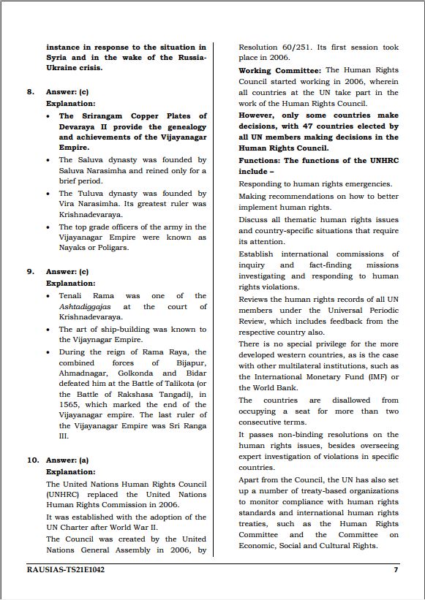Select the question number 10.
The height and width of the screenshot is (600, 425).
coord(33,460)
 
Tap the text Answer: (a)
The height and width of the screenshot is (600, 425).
coord(67,460)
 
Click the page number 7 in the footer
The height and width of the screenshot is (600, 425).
coord(396,569)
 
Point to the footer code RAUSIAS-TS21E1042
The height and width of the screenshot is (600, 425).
coord(65,569)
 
